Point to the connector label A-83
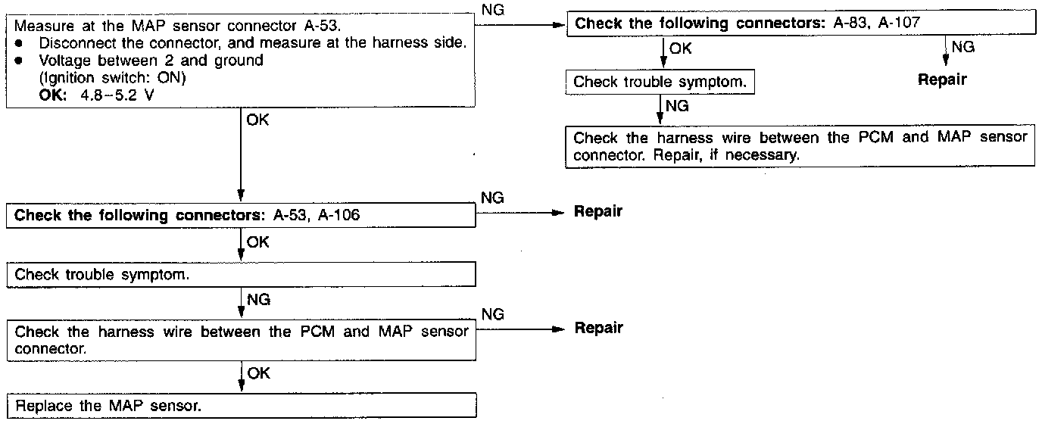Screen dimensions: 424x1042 (x=850, y=23)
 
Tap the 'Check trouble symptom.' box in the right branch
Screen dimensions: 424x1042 (x=660, y=83)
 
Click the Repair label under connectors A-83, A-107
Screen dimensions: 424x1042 (x=942, y=79)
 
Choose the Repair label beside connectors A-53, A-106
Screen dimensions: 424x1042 (x=597, y=211)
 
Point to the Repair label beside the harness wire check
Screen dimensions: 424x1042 (x=597, y=328)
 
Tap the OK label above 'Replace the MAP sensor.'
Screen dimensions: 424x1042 (x=257, y=373)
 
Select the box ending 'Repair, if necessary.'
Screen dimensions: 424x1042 (x=800, y=147)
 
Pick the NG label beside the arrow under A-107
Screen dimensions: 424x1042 (x=962, y=47)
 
